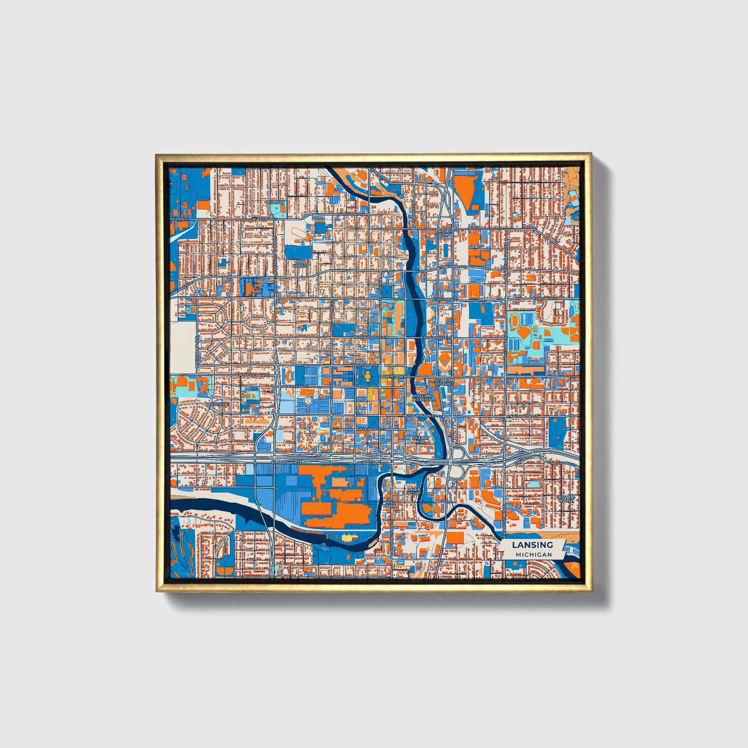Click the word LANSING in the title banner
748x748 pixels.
pos(532,545)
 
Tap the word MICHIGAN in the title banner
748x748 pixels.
pos(533,554)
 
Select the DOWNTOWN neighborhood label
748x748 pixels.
pos(392,376)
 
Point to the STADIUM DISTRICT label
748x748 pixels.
pos(445,382)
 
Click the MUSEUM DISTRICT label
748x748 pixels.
pos(421,398)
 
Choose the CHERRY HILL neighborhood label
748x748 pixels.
pos(421,439)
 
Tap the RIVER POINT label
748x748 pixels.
pos(414,491)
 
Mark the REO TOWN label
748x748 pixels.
pos(390,504)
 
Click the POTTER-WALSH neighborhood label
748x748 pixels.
pos(566,499)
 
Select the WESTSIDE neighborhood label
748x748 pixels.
pos(217,404)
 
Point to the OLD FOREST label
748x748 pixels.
pos(300,264)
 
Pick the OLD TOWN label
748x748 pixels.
pos(446,233)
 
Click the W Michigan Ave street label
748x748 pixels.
pos(254,375)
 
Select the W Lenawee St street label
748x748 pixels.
pos(372,429)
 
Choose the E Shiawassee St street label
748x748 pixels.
pos(436,338)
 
